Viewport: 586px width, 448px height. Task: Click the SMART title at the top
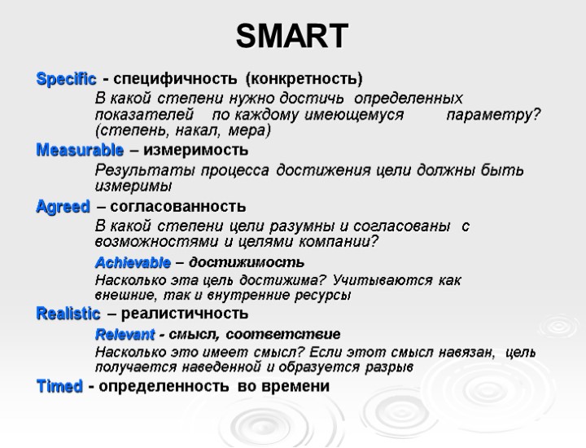292,36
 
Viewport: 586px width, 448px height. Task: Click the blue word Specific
66,80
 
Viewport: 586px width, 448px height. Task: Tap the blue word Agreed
63,207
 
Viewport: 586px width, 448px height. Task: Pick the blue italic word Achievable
133,262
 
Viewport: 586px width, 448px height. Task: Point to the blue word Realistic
68,314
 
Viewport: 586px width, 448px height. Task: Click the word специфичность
172,80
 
